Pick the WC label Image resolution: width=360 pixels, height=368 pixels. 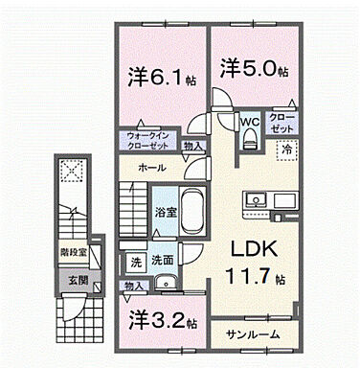point(250,122)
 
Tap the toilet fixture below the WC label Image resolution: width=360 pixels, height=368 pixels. point(250,140)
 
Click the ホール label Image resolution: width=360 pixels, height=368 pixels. point(151,169)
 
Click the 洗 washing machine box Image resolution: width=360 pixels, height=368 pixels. point(137,259)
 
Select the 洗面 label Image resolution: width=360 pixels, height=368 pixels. point(162,259)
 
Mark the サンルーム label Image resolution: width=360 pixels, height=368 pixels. point(253,334)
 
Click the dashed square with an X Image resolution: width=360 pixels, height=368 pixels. point(71,172)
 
